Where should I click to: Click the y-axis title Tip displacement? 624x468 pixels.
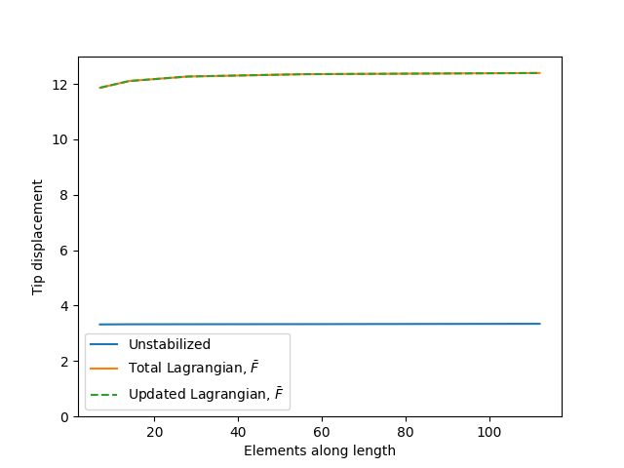point(38,236)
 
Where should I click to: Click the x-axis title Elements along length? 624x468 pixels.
point(320,450)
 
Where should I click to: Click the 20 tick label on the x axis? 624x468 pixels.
point(154,432)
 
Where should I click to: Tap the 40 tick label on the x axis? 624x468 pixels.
point(238,432)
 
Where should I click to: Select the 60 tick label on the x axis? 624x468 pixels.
point(322,432)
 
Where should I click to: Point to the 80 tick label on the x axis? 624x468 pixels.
point(406,432)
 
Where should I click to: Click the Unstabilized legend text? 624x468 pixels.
point(169,345)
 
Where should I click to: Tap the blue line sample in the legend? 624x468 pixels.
point(103,345)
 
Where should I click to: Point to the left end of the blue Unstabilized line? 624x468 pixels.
point(99,325)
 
